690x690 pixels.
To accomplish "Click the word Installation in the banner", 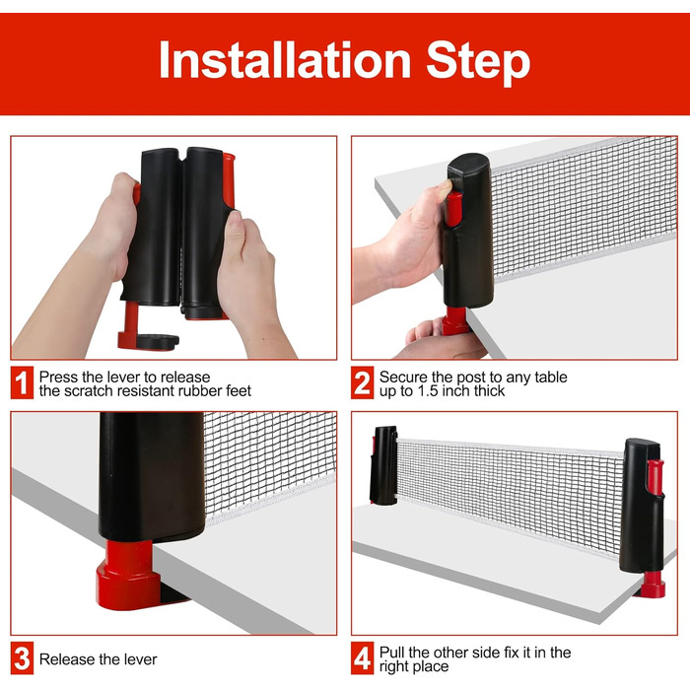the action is [x=285, y=60].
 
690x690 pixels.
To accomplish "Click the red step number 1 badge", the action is [x=22, y=382].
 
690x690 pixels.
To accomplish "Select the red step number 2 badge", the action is [x=362, y=382].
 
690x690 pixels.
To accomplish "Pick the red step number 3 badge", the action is [x=22, y=658].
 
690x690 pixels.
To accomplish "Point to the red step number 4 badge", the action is [x=362, y=658].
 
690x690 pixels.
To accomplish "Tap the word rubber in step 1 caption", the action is [x=200, y=390].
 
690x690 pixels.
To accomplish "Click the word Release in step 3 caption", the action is [x=67, y=659].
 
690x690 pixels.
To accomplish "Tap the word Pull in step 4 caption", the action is [x=391, y=653].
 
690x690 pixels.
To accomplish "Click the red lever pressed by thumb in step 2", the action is [x=453, y=208].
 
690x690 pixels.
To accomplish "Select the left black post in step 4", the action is [x=383, y=464].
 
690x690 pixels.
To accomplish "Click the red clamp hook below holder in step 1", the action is [x=132, y=328].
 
